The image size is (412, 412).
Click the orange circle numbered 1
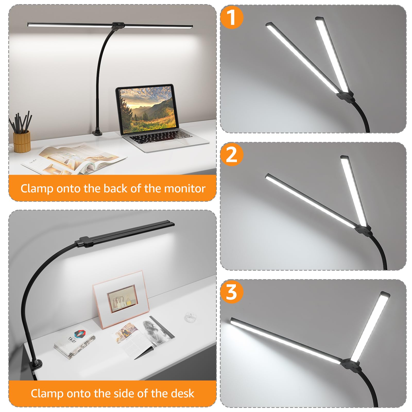[x=231, y=17]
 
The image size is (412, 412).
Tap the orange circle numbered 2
[x=231, y=154]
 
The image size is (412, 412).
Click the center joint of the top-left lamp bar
[x=118, y=25]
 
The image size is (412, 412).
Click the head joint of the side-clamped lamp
[x=84, y=242]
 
